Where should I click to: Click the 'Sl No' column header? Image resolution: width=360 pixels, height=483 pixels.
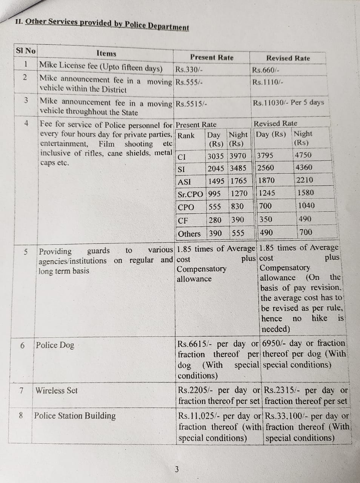26,51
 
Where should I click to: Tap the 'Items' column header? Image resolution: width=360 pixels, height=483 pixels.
106,54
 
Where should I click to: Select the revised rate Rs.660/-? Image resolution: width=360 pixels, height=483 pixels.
266,70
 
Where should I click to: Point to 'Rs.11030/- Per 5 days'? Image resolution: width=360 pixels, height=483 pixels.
288,103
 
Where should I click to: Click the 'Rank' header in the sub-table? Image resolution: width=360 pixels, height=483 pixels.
186,135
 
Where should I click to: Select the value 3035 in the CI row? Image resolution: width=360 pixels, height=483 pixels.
216,156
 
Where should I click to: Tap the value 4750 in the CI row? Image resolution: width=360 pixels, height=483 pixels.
303,155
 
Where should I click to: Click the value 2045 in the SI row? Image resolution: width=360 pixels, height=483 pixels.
216,168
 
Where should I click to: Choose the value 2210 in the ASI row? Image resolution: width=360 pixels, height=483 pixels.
305,180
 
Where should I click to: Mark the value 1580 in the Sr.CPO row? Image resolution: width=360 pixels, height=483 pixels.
305,192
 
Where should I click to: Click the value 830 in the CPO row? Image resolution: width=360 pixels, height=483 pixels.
237,206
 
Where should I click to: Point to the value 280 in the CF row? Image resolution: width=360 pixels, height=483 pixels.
215,220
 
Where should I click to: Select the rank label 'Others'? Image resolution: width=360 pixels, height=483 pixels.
189,234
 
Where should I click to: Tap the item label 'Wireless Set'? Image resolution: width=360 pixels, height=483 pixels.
57,391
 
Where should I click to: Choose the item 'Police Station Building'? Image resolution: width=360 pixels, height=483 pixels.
75,416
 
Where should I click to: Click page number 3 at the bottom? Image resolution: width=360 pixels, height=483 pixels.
177,469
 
